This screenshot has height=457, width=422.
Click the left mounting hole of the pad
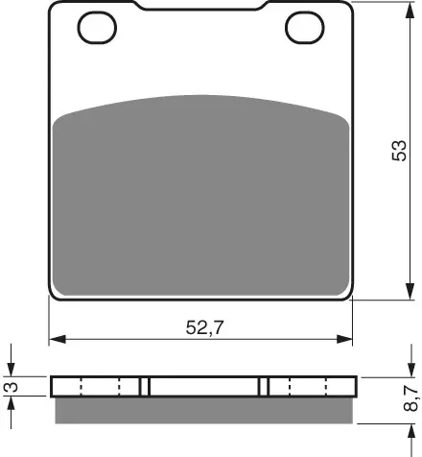tap(97, 28)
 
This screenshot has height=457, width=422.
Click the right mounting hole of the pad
tap(305, 28)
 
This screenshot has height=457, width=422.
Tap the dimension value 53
tap(400, 151)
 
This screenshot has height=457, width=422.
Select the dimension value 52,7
tap(204, 327)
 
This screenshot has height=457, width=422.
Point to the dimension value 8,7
tap(410, 398)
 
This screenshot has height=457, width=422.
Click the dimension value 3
tap(11, 387)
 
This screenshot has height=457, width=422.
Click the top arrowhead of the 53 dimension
tap(410, 10)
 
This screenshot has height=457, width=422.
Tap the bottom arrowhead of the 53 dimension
tap(410, 292)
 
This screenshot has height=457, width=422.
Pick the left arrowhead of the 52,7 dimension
tap(58, 339)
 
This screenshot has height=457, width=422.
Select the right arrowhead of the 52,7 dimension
tap(344, 339)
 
